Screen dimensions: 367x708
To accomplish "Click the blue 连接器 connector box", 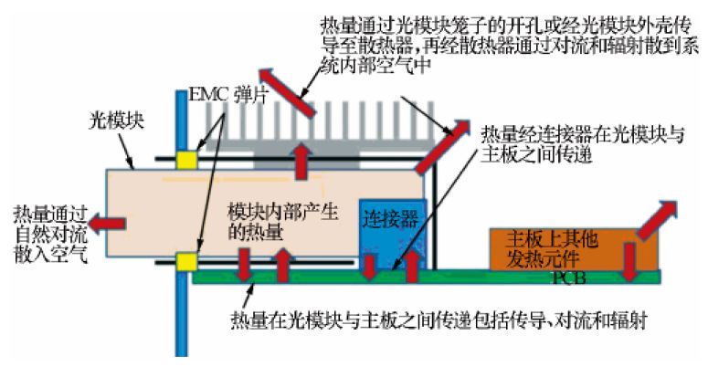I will coord(392,228).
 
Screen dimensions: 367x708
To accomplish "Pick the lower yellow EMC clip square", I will coord(187,262).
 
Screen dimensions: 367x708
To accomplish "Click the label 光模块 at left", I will coord(113,119).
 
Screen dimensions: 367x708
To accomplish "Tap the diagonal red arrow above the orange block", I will coord(657,220).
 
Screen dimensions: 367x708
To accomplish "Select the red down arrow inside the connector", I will coord(368,267).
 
